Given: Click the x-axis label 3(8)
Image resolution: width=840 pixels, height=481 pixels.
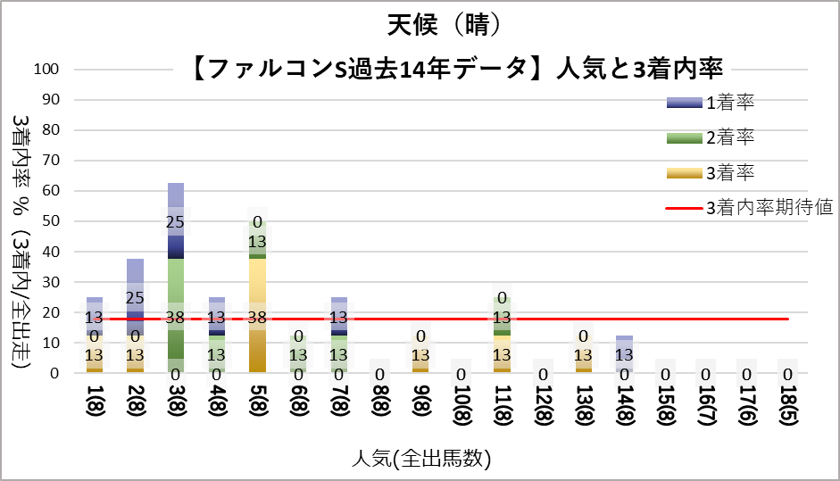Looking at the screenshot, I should coord(176,410).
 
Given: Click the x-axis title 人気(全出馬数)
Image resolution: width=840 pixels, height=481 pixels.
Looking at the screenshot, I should coord(420,459).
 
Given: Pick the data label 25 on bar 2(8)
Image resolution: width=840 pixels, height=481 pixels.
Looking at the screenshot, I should coord(135,297).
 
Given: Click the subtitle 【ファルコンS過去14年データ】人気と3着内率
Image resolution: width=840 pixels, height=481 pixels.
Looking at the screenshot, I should coord(456,68).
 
